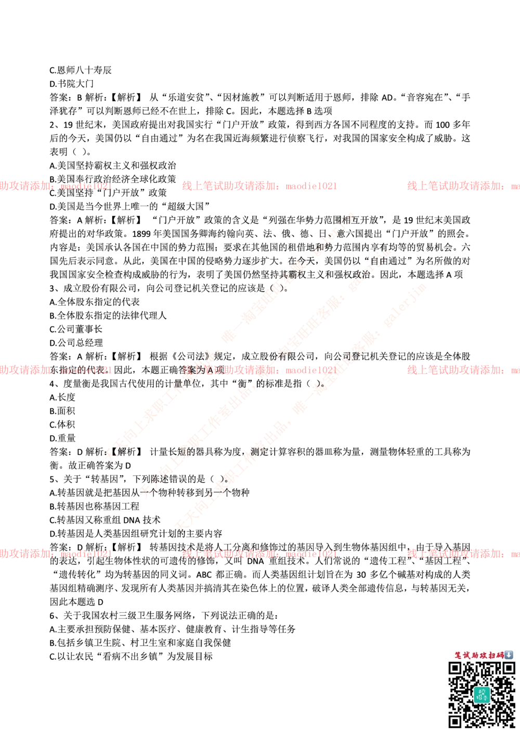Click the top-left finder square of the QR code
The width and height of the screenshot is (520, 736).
(x=455, y=668)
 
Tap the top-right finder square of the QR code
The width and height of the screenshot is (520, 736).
(x=508, y=668)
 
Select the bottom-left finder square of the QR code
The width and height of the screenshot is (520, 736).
(x=455, y=721)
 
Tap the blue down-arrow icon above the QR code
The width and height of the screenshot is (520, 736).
(x=509, y=655)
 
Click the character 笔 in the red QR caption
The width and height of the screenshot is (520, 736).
(x=458, y=655)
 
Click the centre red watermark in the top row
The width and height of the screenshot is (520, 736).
(x=259, y=186)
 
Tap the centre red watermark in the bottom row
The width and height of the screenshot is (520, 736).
(x=259, y=554)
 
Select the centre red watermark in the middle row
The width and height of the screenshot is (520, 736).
(x=259, y=370)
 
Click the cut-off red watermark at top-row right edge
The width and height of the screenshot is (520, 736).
(x=463, y=186)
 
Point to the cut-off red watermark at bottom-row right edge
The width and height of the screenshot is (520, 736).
(x=463, y=554)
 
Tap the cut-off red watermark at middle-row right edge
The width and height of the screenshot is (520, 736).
(x=463, y=370)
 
